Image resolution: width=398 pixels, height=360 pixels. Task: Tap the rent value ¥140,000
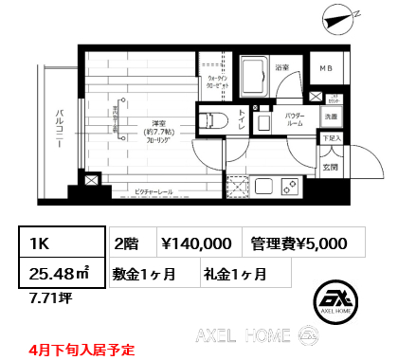coord(196,243)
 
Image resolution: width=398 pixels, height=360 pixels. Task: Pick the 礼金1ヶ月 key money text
coord(233,275)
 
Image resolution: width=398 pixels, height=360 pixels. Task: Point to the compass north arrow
coord(337,16)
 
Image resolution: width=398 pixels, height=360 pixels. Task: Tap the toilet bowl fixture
coord(211,119)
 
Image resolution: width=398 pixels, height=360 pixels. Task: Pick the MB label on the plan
coord(325,69)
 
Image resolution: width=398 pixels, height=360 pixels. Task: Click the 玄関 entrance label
coord(330,169)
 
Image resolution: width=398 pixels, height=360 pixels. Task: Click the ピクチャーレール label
coord(154,190)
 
